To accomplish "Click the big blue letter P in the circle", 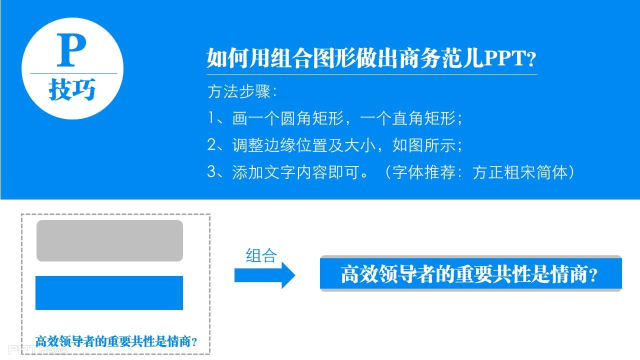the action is coord(71,50).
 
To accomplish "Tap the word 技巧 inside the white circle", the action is coord(72,89).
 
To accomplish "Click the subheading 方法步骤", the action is coord(239,91).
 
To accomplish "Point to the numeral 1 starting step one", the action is coord(211,117).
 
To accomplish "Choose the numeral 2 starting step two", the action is coord(211,144).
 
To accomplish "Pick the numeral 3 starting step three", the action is coord(211,171).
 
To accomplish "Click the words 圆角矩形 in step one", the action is coord(311,118).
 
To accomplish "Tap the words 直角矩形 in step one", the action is coord(423,118).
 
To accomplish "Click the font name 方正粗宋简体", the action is coord(520,172).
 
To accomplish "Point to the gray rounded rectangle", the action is coord(109,240).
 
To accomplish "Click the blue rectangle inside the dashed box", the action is coord(109,293).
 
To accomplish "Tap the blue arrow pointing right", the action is coord(264,275).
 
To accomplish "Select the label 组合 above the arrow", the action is coord(261,255).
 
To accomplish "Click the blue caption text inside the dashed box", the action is coord(116,341).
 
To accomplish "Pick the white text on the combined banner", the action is coord(469,274).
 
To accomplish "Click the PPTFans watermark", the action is coord(37,349).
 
